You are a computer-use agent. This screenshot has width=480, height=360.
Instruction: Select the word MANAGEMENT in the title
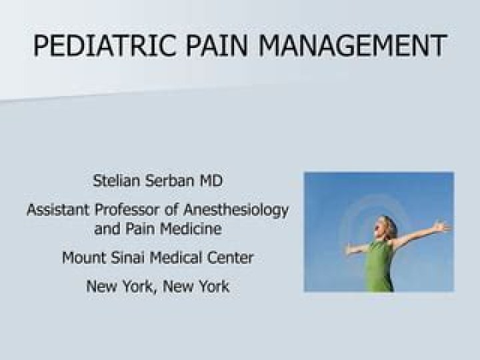point(353,46)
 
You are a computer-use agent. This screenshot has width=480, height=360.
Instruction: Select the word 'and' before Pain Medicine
point(107,229)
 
